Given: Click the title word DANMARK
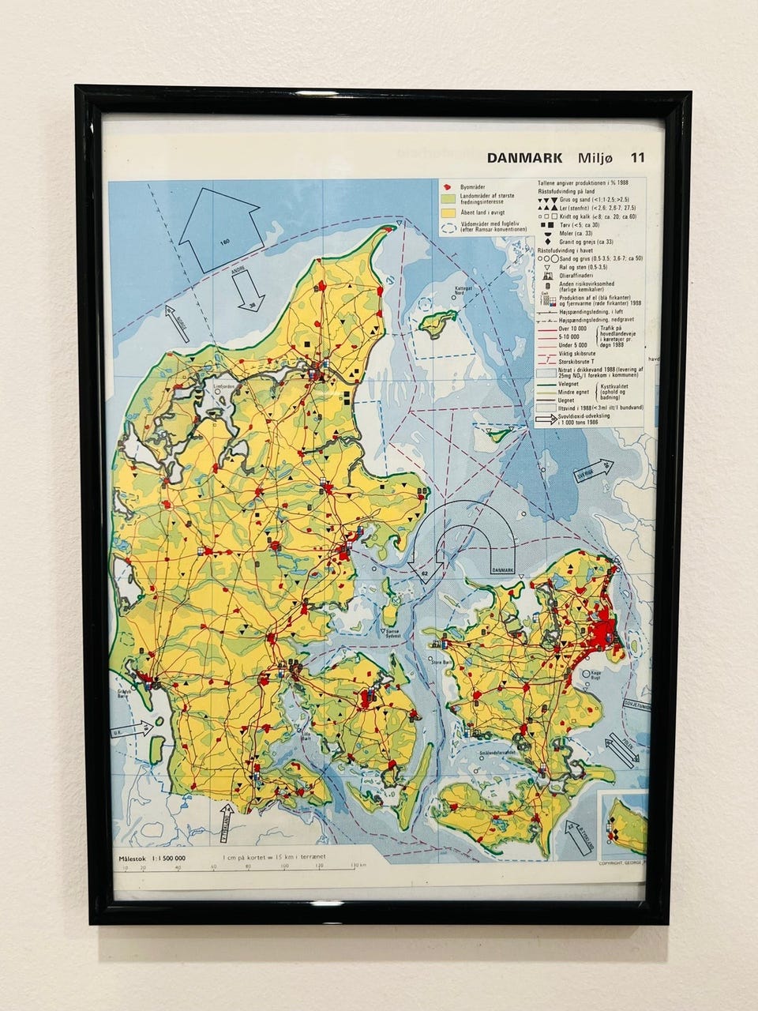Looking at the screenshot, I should [x=524, y=158].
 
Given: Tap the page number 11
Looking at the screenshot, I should [x=636, y=157].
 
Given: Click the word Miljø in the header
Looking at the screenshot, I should [x=594, y=158].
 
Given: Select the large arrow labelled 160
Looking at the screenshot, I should [x=220, y=228].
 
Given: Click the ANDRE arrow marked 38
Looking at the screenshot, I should [x=246, y=290].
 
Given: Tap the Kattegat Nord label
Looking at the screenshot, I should [x=463, y=290].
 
